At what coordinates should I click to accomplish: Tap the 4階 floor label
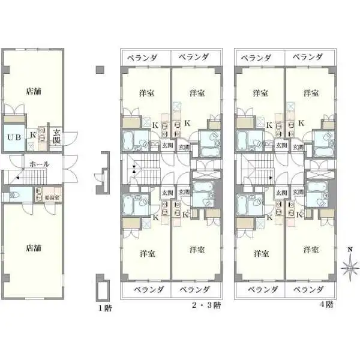click(x=326, y=305)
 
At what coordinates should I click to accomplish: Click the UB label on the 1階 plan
click(x=13, y=137)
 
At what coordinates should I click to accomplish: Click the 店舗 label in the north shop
click(x=34, y=92)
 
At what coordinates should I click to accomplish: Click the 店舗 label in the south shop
click(x=34, y=247)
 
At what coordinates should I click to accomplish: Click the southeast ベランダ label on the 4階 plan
click(x=309, y=289)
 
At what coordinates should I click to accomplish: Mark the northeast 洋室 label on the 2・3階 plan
click(x=196, y=93)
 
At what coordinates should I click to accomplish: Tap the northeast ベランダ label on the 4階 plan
click(x=309, y=57)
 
